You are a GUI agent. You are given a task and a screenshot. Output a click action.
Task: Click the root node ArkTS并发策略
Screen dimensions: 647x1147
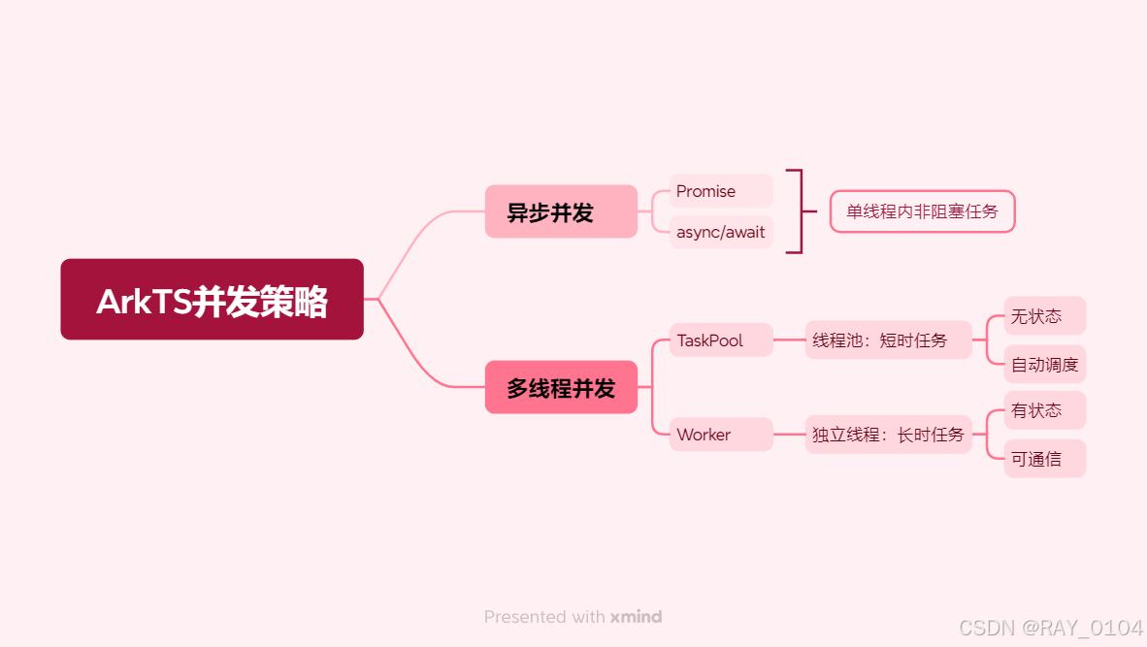pyautogui.click(x=212, y=300)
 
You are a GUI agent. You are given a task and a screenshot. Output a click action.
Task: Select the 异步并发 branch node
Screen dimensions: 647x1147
pyautogui.click(x=561, y=211)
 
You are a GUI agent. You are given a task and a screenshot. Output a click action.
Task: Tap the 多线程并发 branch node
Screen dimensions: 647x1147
pyautogui.click(x=561, y=388)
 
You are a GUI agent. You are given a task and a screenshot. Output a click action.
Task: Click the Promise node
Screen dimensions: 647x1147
pyautogui.click(x=720, y=191)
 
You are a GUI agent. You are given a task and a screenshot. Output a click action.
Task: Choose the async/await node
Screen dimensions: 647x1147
pyautogui.click(x=720, y=233)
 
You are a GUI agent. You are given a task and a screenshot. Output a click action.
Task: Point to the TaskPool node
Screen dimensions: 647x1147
pyautogui.click(x=720, y=340)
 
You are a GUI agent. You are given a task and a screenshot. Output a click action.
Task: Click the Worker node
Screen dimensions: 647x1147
pyautogui.click(x=720, y=435)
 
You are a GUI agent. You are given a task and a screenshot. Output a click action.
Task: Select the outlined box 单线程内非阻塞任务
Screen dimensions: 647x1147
pyautogui.click(x=922, y=211)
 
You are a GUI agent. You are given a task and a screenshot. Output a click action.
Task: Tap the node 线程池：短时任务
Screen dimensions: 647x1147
pyautogui.click(x=888, y=340)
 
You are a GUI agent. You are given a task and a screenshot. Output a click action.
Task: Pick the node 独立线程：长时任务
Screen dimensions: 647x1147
pyautogui.click(x=888, y=435)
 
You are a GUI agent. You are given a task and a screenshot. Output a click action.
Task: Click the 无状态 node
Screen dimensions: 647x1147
pyautogui.click(x=1044, y=316)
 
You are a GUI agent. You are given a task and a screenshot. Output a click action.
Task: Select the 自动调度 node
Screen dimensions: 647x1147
pyautogui.click(x=1044, y=365)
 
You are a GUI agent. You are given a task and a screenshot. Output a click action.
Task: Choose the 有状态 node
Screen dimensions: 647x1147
pyautogui.click(x=1044, y=410)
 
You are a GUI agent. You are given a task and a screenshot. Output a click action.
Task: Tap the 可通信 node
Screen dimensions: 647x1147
pyautogui.click(x=1044, y=459)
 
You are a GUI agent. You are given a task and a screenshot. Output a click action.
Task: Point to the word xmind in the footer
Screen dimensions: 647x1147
pyautogui.click(x=636, y=617)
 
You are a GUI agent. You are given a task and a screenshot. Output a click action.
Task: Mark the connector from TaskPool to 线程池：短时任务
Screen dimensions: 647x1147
pyautogui.click(x=789, y=340)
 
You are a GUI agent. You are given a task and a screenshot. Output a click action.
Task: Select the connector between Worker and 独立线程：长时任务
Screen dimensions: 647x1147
pyautogui.click(x=789, y=435)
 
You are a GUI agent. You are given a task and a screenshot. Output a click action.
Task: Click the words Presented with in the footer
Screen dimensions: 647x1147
pyautogui.click(x=544, y=617)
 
